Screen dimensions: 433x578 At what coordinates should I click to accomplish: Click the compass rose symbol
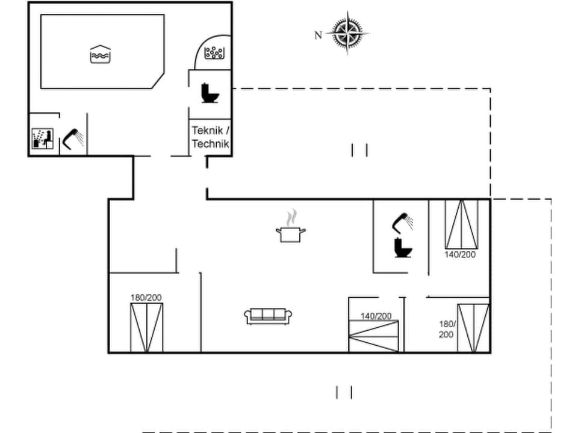347,32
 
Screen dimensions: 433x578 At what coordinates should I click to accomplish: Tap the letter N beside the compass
318,35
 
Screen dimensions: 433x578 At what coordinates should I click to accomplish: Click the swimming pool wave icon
99,54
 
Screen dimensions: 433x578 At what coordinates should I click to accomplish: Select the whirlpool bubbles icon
214,53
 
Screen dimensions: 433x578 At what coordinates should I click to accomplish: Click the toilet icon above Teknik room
210,92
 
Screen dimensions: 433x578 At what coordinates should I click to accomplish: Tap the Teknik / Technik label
210,137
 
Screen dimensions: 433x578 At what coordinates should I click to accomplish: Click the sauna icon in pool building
43,138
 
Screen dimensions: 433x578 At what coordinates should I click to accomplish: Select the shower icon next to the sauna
73,138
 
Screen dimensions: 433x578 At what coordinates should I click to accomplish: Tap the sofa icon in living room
269,315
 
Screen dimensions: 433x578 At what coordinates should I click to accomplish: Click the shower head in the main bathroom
402,224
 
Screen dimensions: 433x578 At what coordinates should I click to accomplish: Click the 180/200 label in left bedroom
146,297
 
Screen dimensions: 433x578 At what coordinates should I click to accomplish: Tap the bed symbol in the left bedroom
147,328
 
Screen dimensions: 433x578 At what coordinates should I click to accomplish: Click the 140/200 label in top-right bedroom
460,254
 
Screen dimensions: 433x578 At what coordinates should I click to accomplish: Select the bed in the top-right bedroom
461,224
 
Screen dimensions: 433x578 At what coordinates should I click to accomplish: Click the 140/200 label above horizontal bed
376,316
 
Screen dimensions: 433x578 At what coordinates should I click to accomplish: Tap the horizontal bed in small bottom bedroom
374,336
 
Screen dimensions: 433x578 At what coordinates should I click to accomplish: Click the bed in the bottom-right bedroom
473,328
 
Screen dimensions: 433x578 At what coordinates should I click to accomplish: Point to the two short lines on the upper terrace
359,150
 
